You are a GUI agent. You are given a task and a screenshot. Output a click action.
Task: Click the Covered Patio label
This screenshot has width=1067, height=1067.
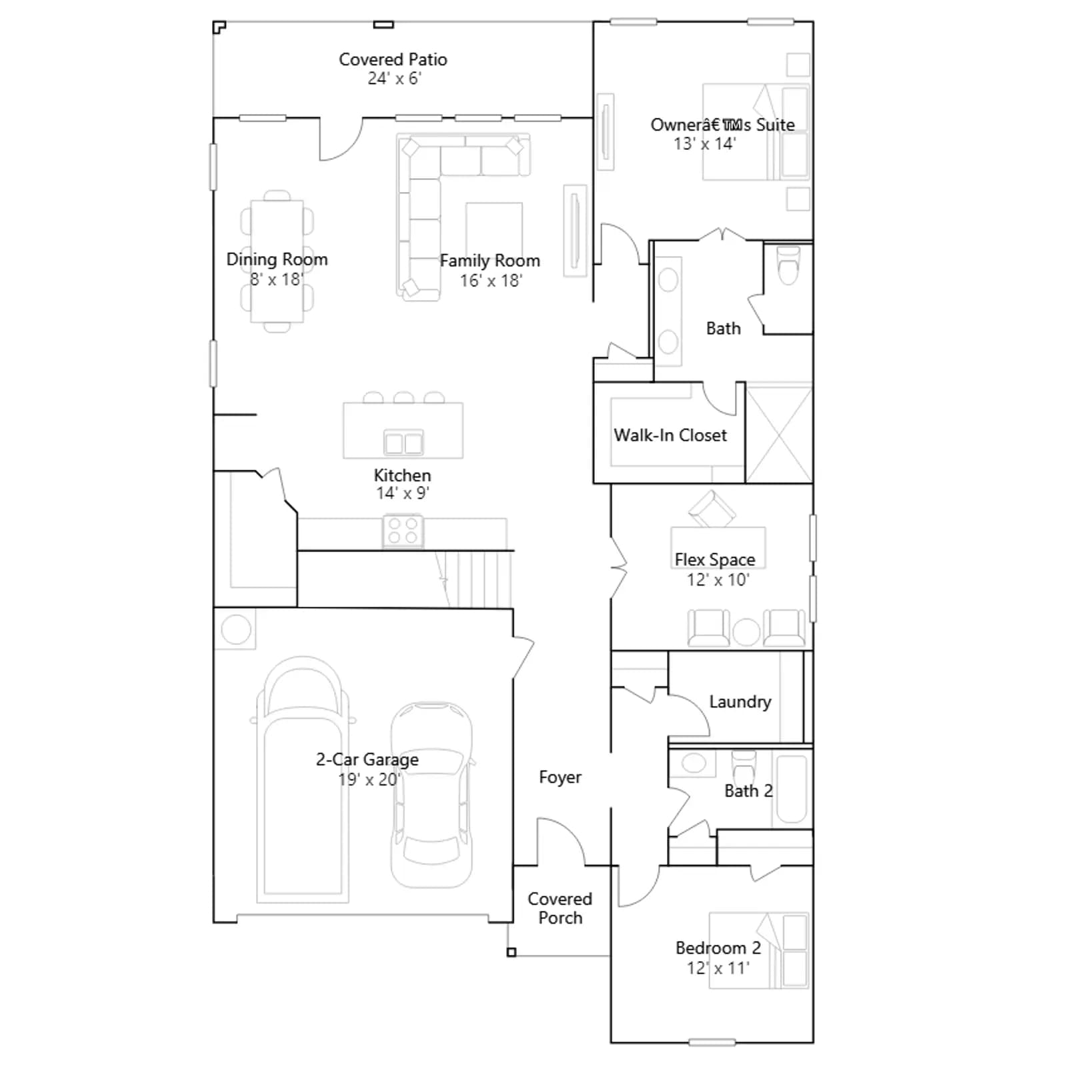[x=393, y=59]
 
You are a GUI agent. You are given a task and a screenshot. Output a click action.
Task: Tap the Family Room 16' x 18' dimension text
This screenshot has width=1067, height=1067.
[x=491, y=281]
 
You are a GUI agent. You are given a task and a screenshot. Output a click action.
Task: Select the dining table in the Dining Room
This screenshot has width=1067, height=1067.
[x=277, y=261]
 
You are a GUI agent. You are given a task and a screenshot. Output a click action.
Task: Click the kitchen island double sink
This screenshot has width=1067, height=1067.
[x=403, y=443]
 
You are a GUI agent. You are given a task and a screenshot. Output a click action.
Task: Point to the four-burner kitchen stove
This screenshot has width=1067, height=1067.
[x=403, y=531]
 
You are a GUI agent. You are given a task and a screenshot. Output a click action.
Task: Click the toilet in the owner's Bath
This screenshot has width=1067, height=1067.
[x=788, y=265]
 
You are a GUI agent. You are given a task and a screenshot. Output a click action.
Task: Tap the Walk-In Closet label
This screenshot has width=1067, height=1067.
[x=670, y=435]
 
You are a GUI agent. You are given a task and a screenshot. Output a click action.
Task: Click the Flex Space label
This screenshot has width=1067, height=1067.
[x=715, y=560]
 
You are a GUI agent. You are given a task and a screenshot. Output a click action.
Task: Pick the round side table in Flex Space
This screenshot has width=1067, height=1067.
[x=746, y=632]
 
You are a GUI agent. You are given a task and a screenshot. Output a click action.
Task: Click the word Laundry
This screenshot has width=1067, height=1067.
[x=740, y=702]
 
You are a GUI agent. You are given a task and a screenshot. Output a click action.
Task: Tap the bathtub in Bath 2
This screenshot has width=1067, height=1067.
[x=792, y=789]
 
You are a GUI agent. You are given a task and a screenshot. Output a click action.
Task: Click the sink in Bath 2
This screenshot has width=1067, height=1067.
[x=694, y=763]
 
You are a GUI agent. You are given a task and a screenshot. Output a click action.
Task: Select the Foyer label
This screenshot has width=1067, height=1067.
[x=560, y=778]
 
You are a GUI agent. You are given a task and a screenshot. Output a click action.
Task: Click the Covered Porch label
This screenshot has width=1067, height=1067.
[x=560, y=908]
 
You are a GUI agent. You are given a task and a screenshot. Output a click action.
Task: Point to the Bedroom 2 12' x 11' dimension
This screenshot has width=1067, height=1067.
[x=718, y=968]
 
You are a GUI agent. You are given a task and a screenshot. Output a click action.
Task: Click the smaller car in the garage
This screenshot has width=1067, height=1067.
[x=431, y=795]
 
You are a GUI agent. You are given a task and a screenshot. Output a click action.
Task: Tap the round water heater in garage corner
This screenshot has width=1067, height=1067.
[x=236, y=629]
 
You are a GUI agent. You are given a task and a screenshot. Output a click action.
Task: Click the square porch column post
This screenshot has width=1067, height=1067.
[x=511, y=952]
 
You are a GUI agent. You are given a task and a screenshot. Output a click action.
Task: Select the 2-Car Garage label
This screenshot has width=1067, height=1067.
[x=367, y=760]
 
